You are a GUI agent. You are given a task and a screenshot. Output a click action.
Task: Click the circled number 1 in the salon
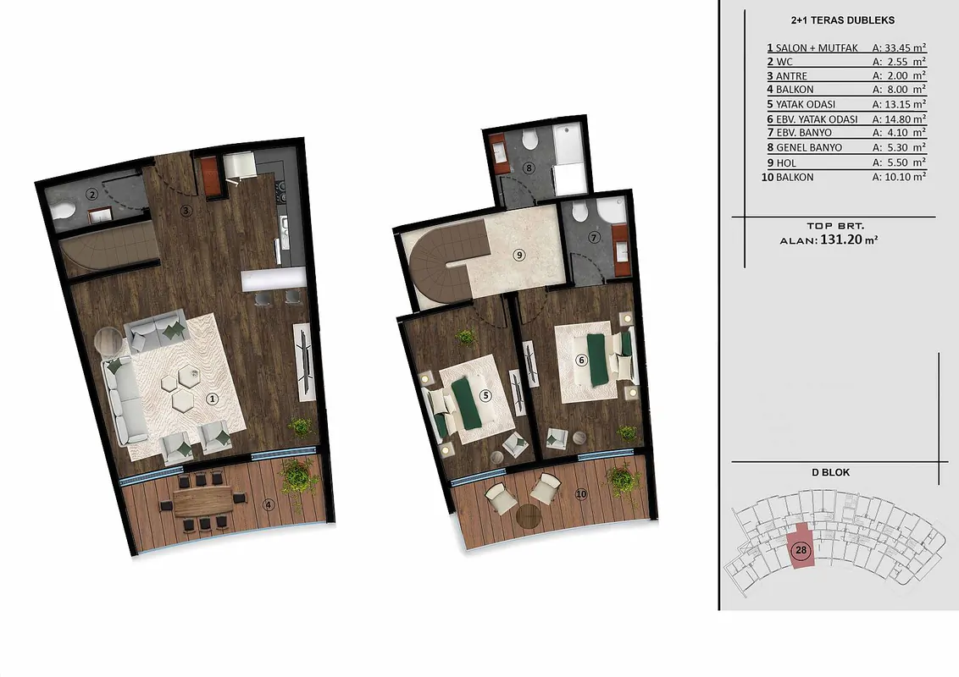point(213,399)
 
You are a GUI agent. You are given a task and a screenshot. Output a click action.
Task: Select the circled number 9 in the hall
point(519,254)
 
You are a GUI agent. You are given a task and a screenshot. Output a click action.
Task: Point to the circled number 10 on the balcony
point(580,493)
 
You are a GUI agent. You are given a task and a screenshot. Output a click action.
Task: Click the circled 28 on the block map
point(801,550)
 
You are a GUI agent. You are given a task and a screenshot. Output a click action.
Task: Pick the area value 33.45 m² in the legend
point(899,47)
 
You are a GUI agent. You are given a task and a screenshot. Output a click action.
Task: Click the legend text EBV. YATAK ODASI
point(817,119)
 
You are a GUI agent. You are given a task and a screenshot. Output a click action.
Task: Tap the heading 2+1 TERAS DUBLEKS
point(843,20)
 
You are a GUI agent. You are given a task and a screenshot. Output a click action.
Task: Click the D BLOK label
point(830,472)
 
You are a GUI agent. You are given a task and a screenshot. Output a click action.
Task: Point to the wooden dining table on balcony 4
point(203,500)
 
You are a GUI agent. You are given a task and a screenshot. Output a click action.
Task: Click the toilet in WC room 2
point(63,211)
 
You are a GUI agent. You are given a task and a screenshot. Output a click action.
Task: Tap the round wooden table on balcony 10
point(529,515)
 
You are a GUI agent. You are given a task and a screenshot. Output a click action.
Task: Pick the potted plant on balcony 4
point(300,477)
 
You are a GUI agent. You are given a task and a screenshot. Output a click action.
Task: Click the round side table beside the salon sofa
point(109,341)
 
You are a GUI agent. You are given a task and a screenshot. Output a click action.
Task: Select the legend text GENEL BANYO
point(808,147)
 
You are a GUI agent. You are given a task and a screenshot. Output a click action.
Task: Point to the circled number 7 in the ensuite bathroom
point(593,238)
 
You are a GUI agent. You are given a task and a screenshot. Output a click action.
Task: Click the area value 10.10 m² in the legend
point(899,177)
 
